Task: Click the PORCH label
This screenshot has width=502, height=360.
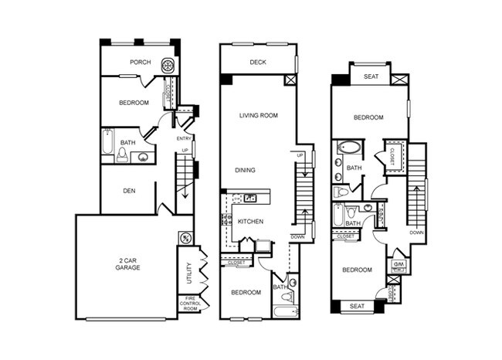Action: [x=140, y=63]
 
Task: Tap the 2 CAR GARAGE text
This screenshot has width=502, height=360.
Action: [x=127, y=263]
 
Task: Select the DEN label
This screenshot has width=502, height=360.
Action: [x=129, y=190]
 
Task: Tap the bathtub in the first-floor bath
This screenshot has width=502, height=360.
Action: [x=107, y=144]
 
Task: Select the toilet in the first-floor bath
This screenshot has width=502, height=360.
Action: [x=123, y=155]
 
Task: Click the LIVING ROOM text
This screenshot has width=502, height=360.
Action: [x=258, y=115]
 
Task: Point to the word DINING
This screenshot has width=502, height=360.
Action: [x=246, y=170]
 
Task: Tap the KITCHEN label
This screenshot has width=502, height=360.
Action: [x=251, y=222]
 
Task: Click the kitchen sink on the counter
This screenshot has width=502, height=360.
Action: [x=250, y=199]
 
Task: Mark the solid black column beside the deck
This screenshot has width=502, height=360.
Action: [x=226, y=79]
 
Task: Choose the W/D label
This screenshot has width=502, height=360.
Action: [x=399, y=265]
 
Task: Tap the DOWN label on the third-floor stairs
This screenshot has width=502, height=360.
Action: [x=417, y=232]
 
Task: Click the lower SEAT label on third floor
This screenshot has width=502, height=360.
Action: [x=357, y=306]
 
